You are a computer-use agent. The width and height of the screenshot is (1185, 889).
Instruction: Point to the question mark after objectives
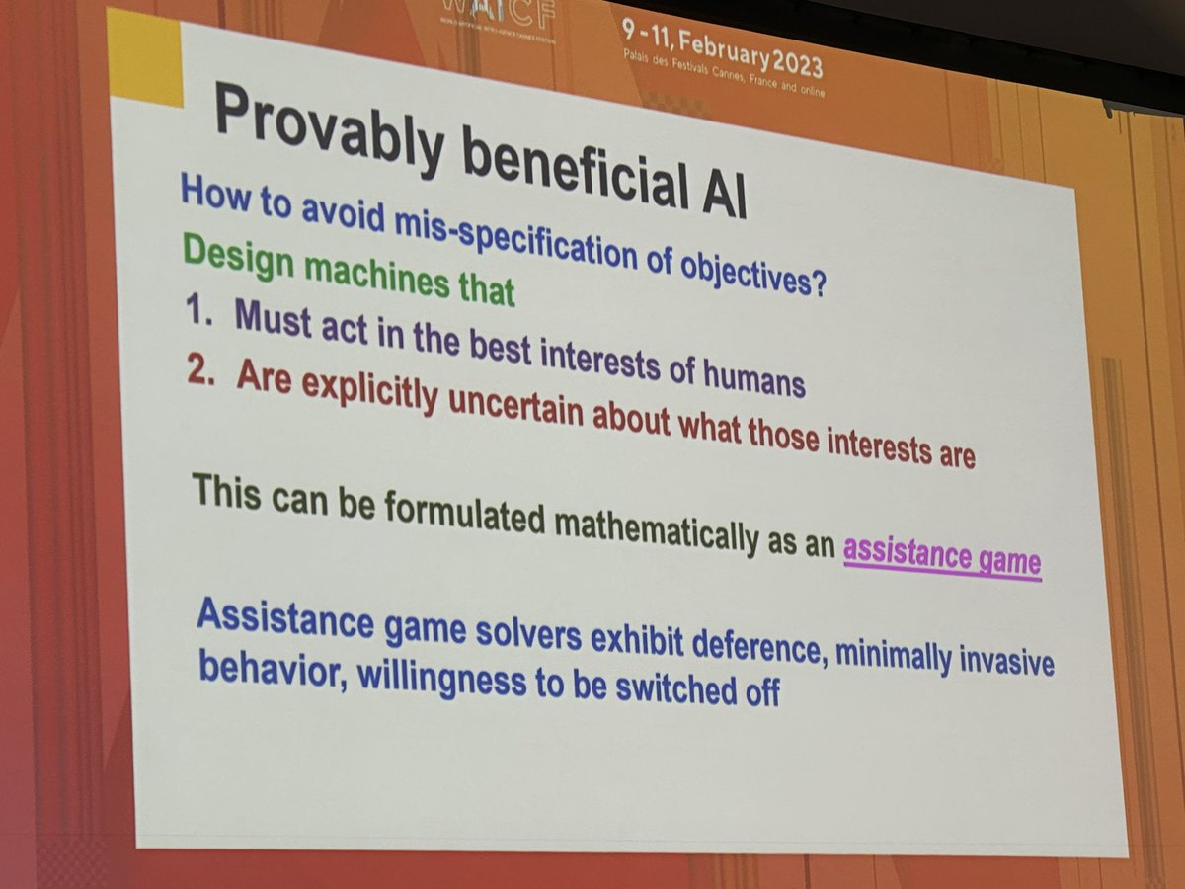point(817,287)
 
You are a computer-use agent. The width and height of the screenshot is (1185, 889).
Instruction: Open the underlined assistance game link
point(941,556)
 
